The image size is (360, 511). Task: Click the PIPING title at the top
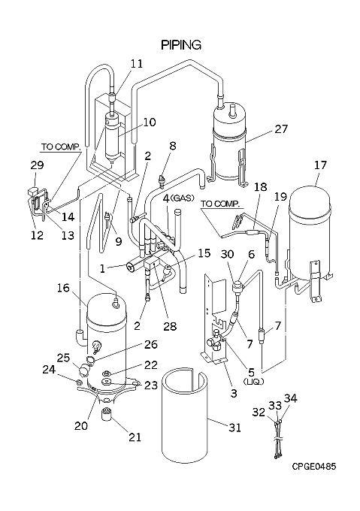coord(181,45)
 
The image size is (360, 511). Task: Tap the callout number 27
coord(280,129)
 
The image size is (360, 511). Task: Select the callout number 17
coord(320,165)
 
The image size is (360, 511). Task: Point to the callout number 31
coord(234,427)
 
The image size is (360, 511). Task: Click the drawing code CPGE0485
coord(313,467)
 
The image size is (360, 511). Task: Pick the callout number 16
coord(64,288)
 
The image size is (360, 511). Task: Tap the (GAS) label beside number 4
coord(183,198)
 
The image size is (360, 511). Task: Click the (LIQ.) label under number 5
coord(253,382)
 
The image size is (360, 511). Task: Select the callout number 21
coord(135,437)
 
